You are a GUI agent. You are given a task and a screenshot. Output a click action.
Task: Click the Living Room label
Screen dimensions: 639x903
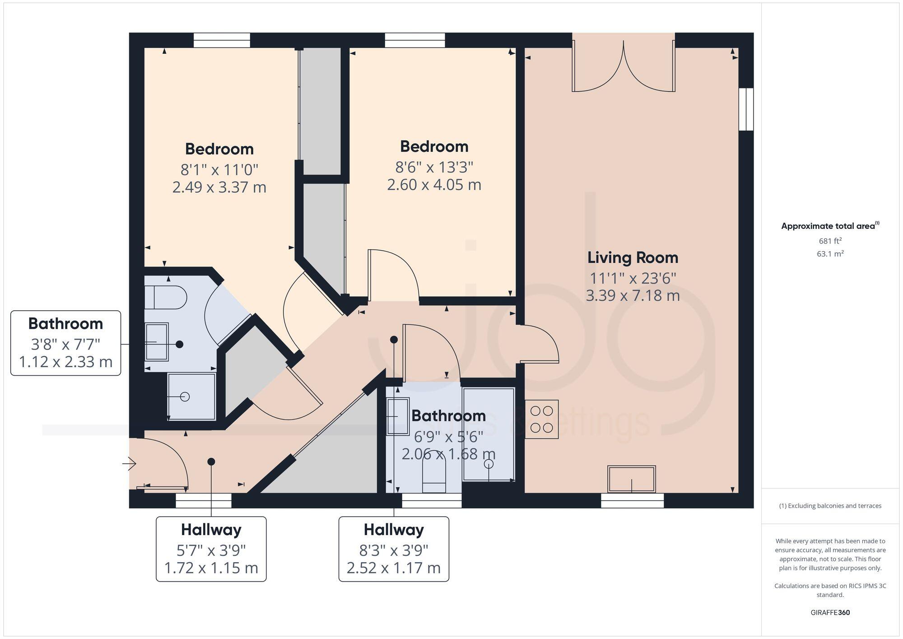(x=633, y=258)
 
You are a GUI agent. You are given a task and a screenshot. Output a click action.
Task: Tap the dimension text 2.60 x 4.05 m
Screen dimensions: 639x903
(x=434, y=185)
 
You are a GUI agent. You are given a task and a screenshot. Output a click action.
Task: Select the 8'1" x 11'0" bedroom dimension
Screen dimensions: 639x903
(x=219, y=170)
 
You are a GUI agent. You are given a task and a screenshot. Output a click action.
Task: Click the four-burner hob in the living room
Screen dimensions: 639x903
(x=541, y=419)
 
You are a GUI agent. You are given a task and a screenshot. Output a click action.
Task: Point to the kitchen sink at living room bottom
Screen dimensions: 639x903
(x=631, y=479)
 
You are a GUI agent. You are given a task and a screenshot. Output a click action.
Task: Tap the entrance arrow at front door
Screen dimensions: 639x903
(x=130, y=463)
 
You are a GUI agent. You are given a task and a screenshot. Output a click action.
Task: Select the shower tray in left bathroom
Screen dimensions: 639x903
(x=191, y=396)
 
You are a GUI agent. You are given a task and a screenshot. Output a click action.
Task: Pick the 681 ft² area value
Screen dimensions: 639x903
(x=830, y=241)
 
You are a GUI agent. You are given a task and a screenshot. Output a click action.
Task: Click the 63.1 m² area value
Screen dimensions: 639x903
(x=830, y=254)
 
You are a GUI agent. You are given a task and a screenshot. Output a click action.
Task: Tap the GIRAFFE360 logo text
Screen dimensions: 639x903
(x=830, y=612)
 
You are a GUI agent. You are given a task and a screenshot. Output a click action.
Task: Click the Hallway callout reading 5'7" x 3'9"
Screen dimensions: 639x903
(x=211, y=549)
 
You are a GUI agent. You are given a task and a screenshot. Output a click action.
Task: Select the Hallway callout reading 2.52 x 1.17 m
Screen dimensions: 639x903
(x=393, y=568)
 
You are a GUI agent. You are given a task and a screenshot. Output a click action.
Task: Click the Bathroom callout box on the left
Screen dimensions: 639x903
(x=66, y=343)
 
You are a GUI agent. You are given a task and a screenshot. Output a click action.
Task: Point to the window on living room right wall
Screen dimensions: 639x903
(x=746, y=109)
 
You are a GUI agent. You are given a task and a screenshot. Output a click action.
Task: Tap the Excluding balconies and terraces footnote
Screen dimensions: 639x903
(x=830, y=506)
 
